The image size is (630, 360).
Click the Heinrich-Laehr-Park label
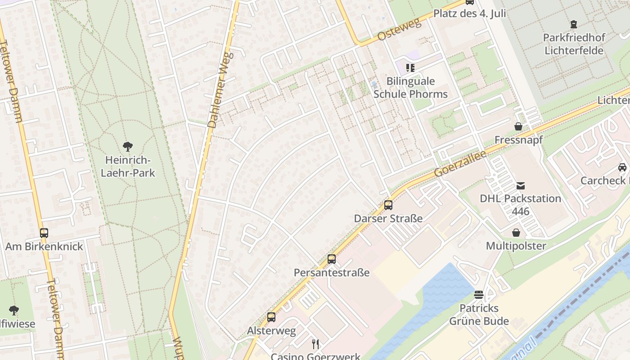click(128, 166)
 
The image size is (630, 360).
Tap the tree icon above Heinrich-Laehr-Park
click(128, 146)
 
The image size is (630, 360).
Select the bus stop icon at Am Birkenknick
click(44, 233)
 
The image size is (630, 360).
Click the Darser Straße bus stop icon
click(388, 205)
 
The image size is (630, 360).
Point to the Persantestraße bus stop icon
click(332, 259)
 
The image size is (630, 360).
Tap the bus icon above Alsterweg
click(271, 317)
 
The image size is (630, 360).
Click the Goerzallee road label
click(460, 163)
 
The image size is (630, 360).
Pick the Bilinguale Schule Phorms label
click(410, 88)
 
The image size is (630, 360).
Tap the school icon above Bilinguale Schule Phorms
click(410, 68)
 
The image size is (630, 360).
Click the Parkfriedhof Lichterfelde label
click(574, 44)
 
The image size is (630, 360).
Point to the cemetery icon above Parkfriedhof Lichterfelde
click(573, 24)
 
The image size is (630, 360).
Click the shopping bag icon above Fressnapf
click(518, 126)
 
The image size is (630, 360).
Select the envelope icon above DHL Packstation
click(521, 185)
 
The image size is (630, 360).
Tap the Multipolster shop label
click(516, 246)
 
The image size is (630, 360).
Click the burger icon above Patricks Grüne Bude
click(479, 295)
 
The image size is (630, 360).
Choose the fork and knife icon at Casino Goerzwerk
click(315, 344)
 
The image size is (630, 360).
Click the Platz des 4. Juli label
click(469, 13)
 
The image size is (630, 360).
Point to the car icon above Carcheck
click(622, 167)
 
